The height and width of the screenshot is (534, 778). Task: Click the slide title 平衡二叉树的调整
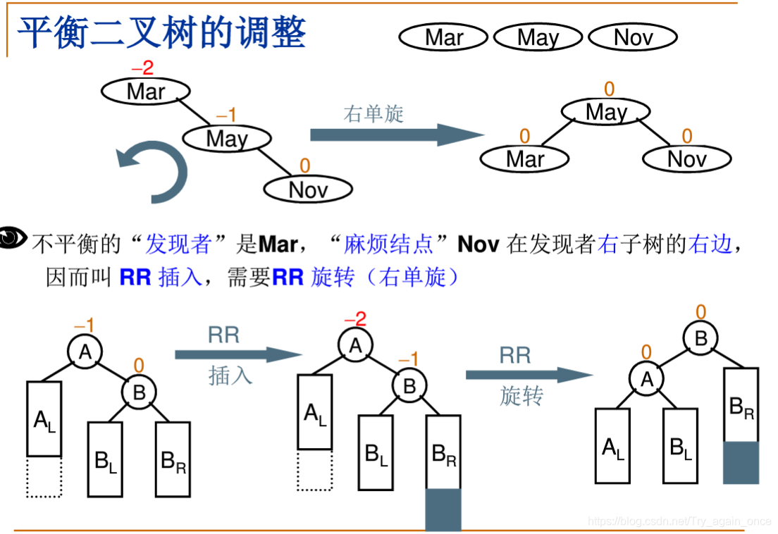click(161, 32)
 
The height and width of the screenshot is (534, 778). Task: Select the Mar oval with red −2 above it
click(145, 91)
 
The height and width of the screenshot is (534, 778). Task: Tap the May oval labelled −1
click(227, 138)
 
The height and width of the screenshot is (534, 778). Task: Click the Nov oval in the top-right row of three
click(632, 37)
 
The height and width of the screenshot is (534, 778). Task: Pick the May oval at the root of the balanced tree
click(606, 111)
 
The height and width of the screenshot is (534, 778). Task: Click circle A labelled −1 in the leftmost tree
click(85, 351)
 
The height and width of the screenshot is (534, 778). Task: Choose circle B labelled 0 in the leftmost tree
click(139, 392)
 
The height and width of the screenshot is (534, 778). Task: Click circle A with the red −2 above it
click(355, 344)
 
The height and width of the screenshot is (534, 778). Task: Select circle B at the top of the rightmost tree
click(700, 339)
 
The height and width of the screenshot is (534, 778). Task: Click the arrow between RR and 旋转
click(529, 375)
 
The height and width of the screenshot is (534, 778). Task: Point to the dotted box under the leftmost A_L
click(44, 477)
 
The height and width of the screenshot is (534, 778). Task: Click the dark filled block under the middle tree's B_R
click(443, 509)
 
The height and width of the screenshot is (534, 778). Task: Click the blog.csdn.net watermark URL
click(679, 521)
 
